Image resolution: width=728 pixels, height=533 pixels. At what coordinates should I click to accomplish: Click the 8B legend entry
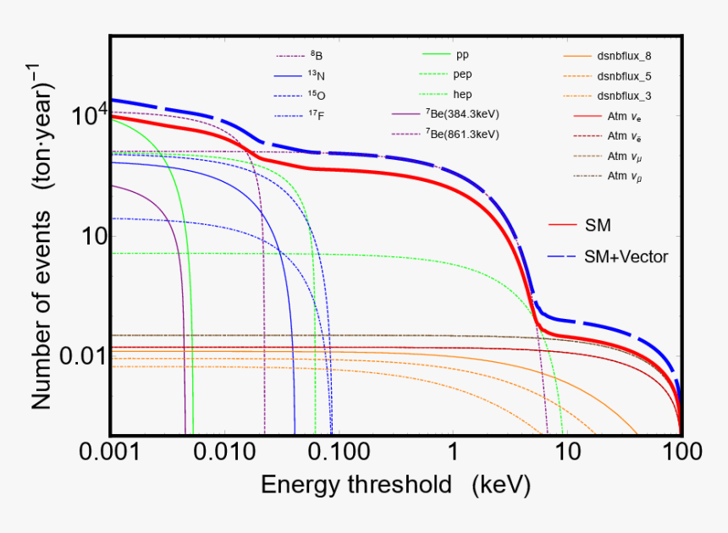[315, 56]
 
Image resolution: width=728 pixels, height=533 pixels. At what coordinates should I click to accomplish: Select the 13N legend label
[315, 75]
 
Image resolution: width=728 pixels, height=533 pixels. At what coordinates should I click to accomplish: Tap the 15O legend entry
[315, 95]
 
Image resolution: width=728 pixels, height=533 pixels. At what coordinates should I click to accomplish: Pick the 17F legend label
[315, 115]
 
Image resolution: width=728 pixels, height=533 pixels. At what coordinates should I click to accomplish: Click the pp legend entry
[462, 55]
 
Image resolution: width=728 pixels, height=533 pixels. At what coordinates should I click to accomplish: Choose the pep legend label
[463, 74]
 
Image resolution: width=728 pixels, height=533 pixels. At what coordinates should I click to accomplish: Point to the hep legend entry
[463, 94]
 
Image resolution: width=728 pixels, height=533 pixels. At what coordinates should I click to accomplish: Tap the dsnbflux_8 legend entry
[624, 56]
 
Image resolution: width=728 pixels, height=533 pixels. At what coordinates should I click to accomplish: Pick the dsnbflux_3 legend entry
[624, 96]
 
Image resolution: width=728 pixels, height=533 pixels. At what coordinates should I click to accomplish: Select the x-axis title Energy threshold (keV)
[395, 485]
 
